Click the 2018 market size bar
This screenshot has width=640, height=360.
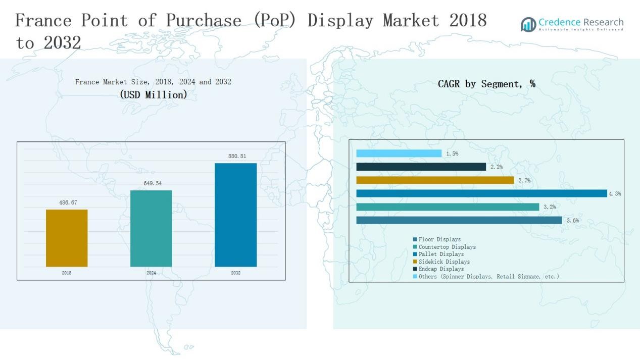click(x=67, y=238)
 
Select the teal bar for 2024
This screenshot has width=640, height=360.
click(x=151, y=228)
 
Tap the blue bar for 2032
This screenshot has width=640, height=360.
click(x=235, y=215)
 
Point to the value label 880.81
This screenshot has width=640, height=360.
click(x=237, y=157)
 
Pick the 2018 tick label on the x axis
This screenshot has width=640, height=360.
click(x=67, y=273)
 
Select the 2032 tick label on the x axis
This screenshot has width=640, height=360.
click(x=236, y=273)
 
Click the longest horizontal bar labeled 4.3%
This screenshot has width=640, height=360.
click(x=481, y=193)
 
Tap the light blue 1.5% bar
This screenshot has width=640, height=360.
click(x=399, y=153)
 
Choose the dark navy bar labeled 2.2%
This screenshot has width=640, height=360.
click(x=421, y=167)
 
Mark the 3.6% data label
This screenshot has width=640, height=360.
click(x=572, y=221)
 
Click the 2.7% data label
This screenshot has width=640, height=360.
click(x=524, y=180)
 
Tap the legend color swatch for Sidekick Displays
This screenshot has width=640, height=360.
click(x=415, y=262)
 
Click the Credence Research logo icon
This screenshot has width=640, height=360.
click(x=528, y=24)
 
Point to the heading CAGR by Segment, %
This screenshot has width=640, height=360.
click(x=486, y=84)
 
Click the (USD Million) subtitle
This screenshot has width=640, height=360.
click(x=154, y=94)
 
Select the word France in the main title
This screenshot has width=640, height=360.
click(x=43, y=20)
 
